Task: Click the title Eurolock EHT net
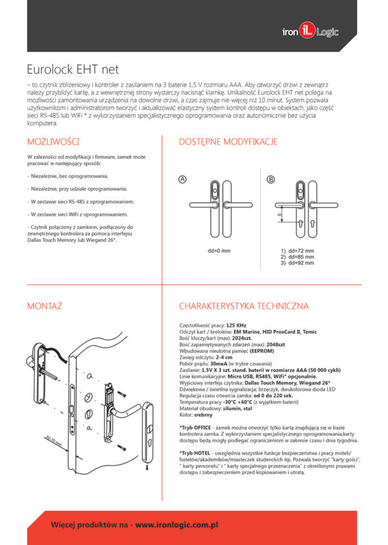pyautogui.click(x=72, y=69)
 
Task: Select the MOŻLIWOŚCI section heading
pyautogui.click(x=53, y=141)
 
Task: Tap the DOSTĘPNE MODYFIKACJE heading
pyautogui.click(x=228, y=141)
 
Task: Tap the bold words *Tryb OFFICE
pyautogui.click(x=195, y=428)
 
